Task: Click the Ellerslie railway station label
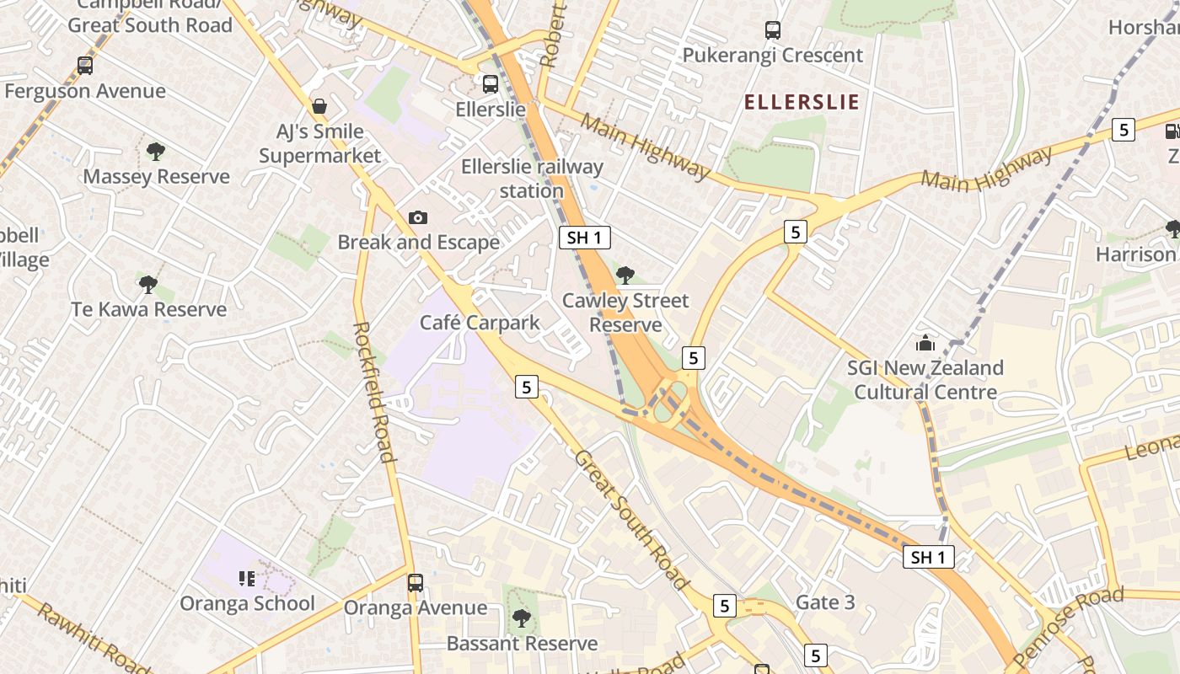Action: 532,179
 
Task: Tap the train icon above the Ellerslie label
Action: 491,84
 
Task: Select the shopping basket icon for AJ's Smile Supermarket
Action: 319,106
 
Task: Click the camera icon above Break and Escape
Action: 417,218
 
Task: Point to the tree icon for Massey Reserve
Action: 155,152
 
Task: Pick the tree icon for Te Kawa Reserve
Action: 148,284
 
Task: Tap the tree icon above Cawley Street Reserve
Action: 625,275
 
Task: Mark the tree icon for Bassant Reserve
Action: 522,618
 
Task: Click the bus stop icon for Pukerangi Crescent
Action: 773,30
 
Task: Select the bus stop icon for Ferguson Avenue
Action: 85,66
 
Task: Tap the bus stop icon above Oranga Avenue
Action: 416,583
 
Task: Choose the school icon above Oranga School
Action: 247,579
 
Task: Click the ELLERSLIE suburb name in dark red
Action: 802,103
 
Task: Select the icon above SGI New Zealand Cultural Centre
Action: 925,344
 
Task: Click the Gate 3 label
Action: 825,602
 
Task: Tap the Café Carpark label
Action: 480,323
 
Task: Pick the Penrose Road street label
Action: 1069,624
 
